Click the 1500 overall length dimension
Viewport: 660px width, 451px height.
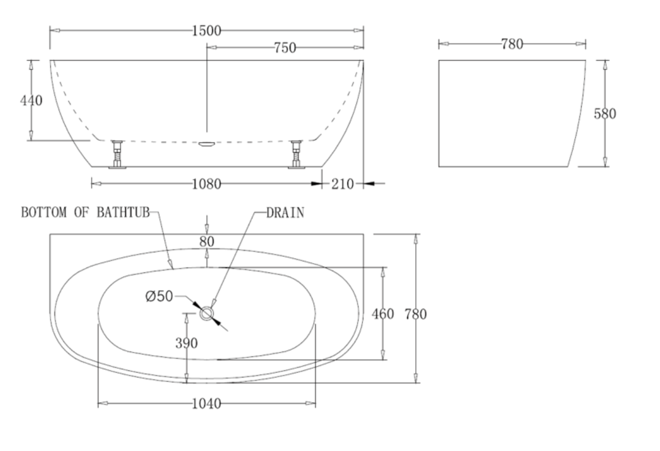pos(206,31)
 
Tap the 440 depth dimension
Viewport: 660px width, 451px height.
pos(31,100)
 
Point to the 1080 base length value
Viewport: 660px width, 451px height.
pos(206,184)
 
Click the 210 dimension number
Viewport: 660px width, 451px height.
pos(343,184)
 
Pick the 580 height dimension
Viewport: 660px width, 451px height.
pos(605,113)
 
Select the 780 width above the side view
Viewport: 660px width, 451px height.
pos(512,44)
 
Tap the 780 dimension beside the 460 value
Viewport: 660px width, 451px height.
pos(415,314)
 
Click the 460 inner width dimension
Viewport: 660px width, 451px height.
pos(383,314)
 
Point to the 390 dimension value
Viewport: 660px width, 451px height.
pos(187,343)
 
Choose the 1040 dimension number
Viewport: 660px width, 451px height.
pos(206,404)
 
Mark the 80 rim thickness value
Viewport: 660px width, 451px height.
pos(207,241)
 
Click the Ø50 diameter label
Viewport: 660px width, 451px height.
pos(158,296)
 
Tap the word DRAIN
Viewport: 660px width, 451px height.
pos(285,213)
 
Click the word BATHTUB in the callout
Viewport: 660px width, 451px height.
pos(123,213)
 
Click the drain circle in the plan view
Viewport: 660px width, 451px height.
pos(207,313)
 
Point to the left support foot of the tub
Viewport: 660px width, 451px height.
pos(116,154)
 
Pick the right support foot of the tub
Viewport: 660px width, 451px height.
pos(296,154)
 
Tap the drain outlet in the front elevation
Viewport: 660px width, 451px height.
pos(207,143)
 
